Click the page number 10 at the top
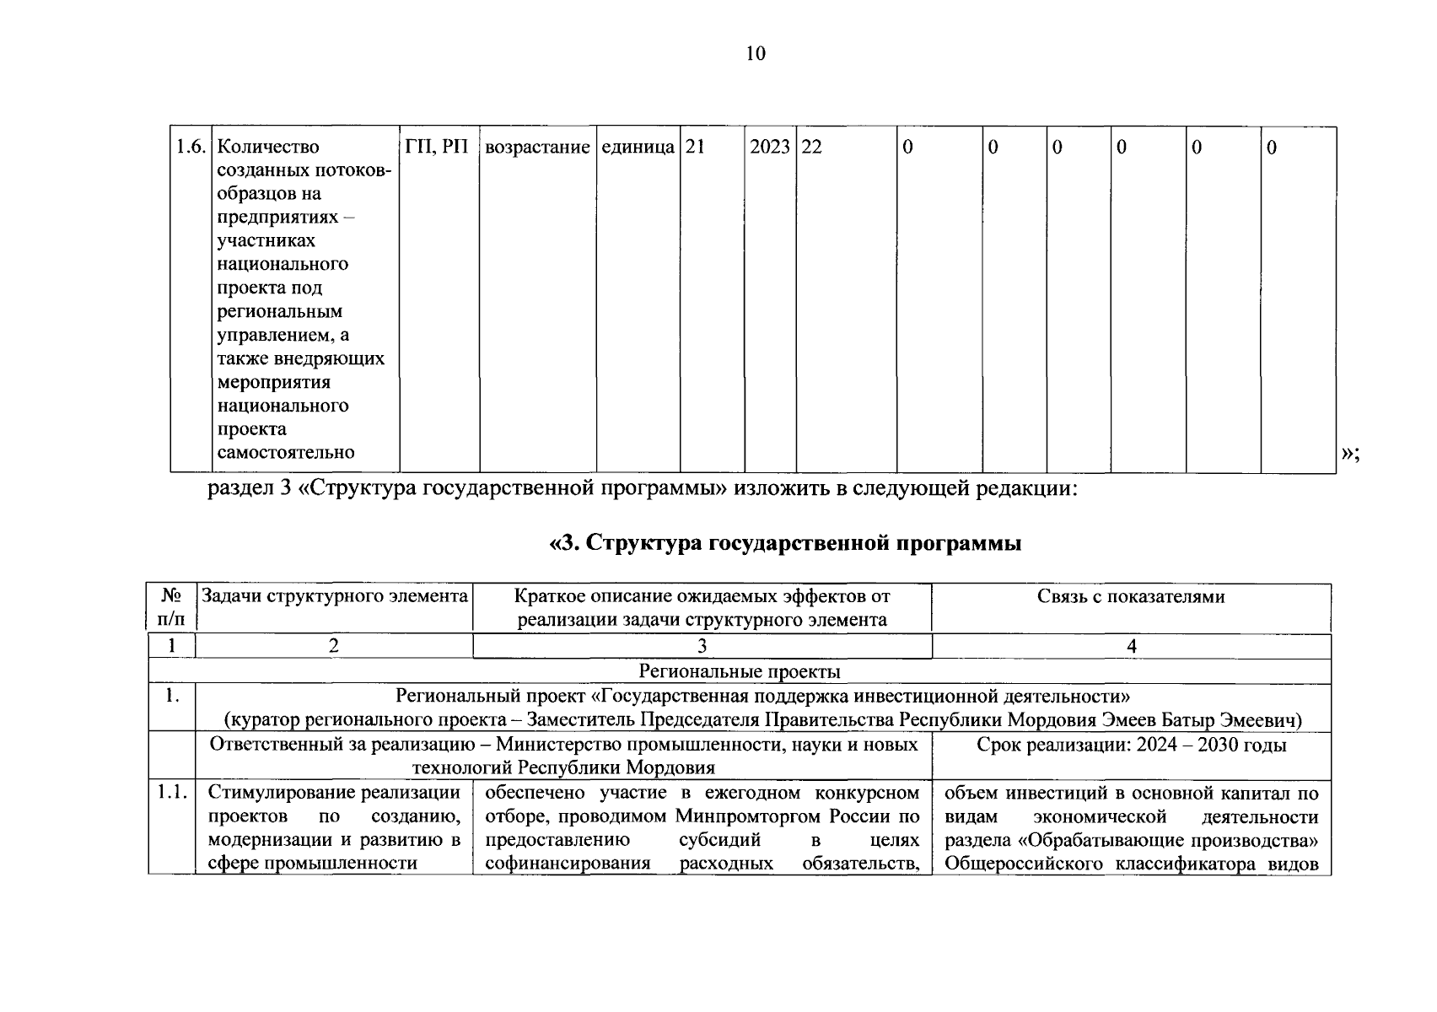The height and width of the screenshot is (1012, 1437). [755, 54]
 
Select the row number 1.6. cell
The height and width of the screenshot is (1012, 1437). [191, 147]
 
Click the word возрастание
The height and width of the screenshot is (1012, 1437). [537, 148]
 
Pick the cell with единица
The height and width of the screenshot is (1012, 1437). [638, 148]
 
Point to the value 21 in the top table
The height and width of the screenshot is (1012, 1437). [695, 148]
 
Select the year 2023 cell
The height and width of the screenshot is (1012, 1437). [769, 148]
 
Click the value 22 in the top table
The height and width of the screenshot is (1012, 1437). [811, 148]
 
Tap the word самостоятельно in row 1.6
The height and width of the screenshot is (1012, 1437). [285, 453]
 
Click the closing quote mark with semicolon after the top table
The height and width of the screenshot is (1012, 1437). [1350, 455]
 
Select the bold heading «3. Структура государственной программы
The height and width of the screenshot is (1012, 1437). [785, 544]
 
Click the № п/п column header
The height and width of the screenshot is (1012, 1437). [171, 607]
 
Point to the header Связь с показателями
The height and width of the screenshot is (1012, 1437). [1130, 597]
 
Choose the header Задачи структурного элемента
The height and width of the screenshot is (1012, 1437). [334, 596]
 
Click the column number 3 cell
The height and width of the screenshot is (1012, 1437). [702, 647]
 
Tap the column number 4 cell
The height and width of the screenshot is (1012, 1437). [1131, 647]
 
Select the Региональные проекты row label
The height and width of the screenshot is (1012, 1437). [739, 671]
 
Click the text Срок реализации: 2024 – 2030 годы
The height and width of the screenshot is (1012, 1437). [1131, 746]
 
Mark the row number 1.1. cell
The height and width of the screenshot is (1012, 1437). [171, 793]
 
